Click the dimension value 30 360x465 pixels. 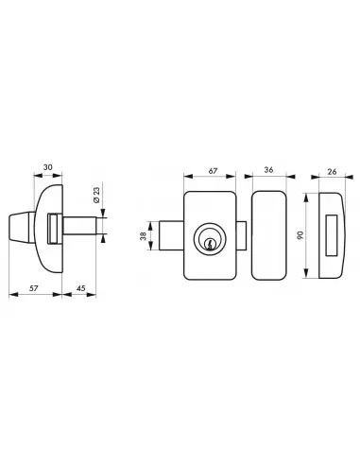click(x=48, y=167)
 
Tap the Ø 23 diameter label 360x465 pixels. click(x=96, y=195)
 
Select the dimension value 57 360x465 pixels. click(x=34, y=288)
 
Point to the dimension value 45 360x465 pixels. click(x=81, y=288)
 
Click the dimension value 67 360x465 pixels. click(x=214, y=171)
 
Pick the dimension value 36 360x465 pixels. click(x=268, y=170)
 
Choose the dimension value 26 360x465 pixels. click(x=332, y=172)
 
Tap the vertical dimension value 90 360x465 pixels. click(x=300, y=235)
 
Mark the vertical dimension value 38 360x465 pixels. click(x=144, y=236)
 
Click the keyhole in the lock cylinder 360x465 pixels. click(x=209, y=244)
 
